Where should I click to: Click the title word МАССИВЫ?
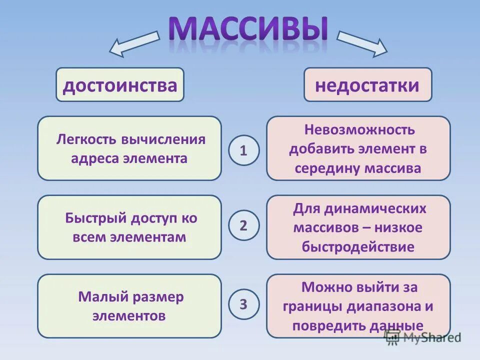248,28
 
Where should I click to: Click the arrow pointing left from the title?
133,42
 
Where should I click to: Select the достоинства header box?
120,85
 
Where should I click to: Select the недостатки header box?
367,85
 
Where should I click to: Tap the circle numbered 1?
244,150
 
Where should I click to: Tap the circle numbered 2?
244,225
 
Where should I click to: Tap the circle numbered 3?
244,303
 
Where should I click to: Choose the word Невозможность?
359,129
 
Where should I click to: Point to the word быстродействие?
358,247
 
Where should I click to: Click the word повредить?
323,325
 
